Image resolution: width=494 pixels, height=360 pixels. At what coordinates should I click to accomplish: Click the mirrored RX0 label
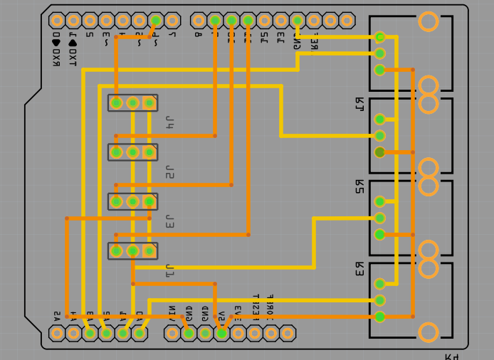click(x=56, y=48)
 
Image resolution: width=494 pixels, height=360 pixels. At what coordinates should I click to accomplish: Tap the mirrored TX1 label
click(x=72, y=48)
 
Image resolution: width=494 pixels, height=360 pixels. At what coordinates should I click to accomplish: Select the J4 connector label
click(x=169, y=122)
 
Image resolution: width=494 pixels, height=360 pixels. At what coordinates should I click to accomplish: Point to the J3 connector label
click(x=169, y=221)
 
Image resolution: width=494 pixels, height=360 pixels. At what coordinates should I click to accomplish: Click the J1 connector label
click(x=169, y=270)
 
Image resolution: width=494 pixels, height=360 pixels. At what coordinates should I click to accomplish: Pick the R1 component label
click(x=359, y=104)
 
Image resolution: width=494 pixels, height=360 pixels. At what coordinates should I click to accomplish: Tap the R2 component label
click(x=359, y=186)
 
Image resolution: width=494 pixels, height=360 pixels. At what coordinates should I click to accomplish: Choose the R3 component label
click(x=359, y=269)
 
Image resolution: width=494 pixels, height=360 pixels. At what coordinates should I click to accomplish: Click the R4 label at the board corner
click(x=452, y=356)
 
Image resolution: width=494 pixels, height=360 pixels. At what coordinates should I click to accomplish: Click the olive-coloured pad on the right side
click(x=379, y=152)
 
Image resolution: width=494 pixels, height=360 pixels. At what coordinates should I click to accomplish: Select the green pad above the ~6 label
click(x=155, y=21)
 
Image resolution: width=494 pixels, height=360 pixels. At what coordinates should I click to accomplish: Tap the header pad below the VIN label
click(x=172, y=333)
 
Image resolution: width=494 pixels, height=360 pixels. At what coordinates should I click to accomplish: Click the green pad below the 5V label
click(x=221, y=333)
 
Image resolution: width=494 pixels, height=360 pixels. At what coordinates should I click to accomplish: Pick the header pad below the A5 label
click(x=57, y=333)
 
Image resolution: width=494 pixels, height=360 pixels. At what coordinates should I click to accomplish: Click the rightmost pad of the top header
click(x=347, y=21)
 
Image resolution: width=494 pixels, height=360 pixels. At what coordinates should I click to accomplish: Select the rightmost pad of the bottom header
click(x=287, y=333)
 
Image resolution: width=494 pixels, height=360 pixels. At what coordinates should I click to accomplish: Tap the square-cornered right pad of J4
click(x=149, y=103)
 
